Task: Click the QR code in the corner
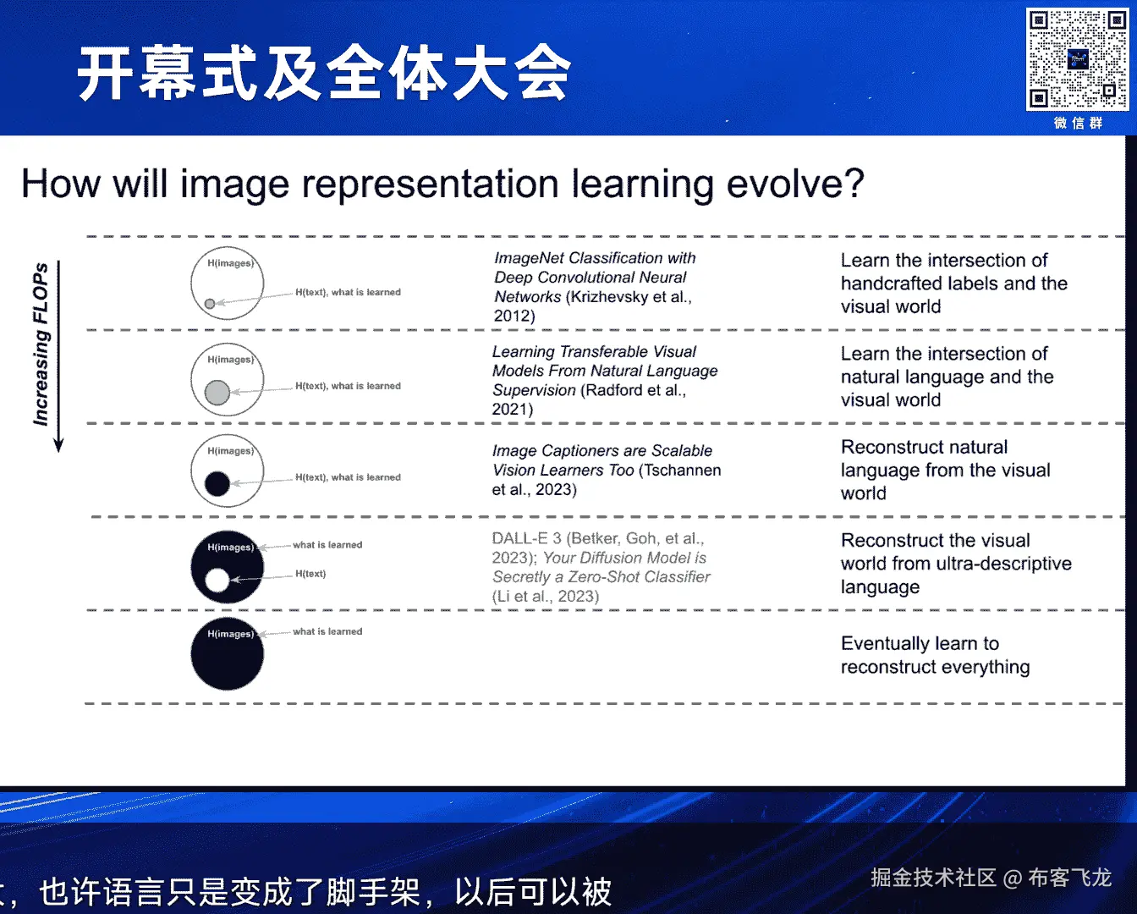(x=1077, y=59)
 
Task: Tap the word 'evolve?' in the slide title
(x=795, y=184)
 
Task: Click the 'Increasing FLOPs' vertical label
(x=41, y=344)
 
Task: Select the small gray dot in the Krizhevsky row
(x=210, y=304)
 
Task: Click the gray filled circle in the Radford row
(x=217, y=393)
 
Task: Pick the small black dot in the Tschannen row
(x=217, y=484)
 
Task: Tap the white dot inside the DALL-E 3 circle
(x=217, y=581)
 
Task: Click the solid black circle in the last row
(x=228, y=653)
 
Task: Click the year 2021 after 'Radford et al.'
(x=510, y=409)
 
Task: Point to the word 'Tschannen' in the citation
(x=680, y=470)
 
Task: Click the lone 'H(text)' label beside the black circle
(x=310, y=574)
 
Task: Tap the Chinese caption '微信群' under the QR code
(x=1078, y=124)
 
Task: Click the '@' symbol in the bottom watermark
(x=1013, y=878)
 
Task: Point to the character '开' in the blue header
(x=105, y=73)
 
